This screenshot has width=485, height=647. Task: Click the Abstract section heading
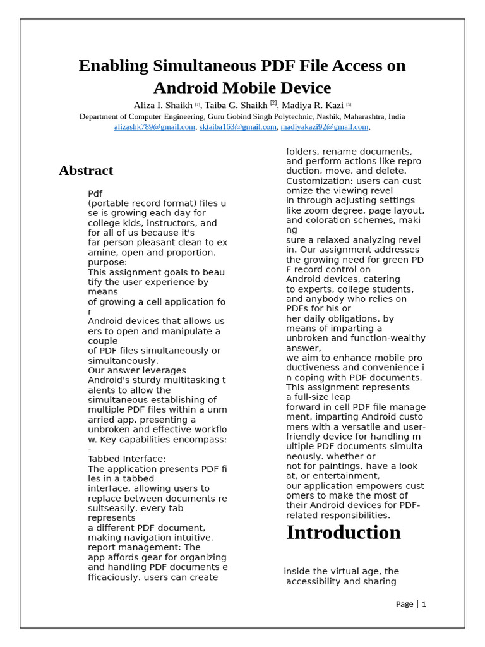[86, 171]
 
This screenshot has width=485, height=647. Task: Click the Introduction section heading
[343, 533]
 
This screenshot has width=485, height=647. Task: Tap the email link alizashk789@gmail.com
[154, 127]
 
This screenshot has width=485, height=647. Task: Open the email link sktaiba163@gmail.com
[237, 127]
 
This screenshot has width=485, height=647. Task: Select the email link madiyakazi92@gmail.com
[324, 127]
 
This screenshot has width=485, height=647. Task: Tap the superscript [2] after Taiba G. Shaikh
[273, 103]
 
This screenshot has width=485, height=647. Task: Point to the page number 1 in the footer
[424, 604]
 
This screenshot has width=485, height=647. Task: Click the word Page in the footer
[404, 604]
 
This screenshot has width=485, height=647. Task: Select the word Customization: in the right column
[316, 181]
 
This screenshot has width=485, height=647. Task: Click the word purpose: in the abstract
[107, 262]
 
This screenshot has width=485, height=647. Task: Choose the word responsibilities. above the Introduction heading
[356, 515]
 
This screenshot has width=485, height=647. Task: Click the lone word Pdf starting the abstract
[95, 193]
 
